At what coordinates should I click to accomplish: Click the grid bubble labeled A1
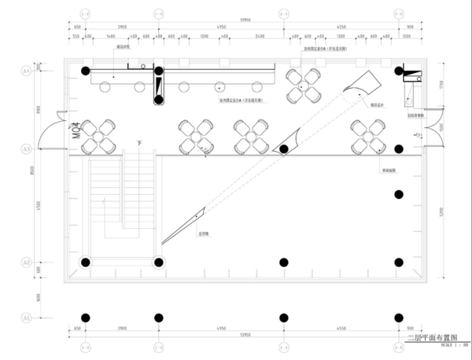coord(26,318)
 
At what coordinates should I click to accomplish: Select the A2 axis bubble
coord(26,263)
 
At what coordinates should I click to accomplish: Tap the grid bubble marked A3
coord(26,148)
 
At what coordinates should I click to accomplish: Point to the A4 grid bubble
coord(26,71)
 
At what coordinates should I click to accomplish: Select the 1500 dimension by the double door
coord(445,125)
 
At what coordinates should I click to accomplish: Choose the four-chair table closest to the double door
coord(369,136)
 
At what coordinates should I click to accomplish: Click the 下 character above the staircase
coord(139,143)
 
